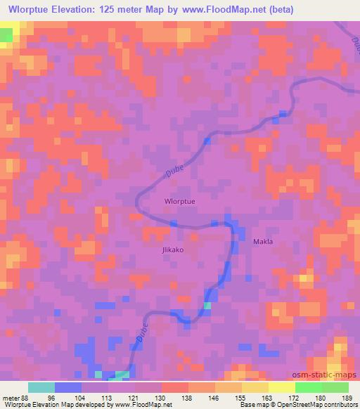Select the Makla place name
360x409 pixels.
coord(262,242)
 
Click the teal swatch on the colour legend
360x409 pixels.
coord(41,387)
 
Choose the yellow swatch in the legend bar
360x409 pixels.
coord(255,387)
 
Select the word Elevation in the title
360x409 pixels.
coord(79,10)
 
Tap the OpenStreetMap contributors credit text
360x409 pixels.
coord(319,405)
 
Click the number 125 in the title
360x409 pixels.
coord(120,10)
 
